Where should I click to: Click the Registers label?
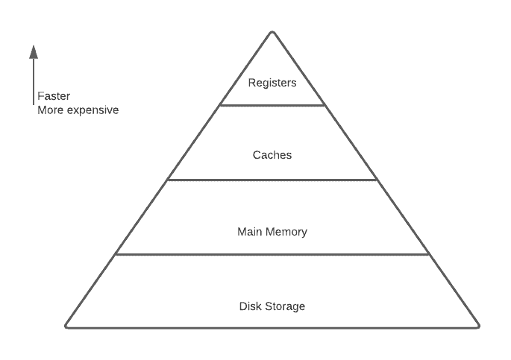click(x=272, y=83)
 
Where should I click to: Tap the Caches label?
click(x=272, y=155)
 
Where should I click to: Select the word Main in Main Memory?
click(x=249, y=232)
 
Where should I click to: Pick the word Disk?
click(x=251, y=306)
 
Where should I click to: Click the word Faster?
click(x=54, y=97)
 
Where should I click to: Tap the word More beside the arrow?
click(x=51, y=110)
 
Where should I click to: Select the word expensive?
click(x=93, y=111)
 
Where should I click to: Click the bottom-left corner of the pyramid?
click(x=67, y=326)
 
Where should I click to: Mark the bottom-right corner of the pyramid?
click(x=477, y=326)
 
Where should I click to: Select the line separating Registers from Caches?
click(x=272, y=105)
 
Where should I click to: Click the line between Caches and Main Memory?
click(x=272, y=180)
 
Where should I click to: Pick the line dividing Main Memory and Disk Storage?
click(x=272, y=254)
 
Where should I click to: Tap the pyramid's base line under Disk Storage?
click(x=272, y=327)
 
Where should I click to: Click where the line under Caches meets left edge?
click(x=168, y=180)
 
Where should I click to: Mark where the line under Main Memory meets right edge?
click(x=430, y=254)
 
